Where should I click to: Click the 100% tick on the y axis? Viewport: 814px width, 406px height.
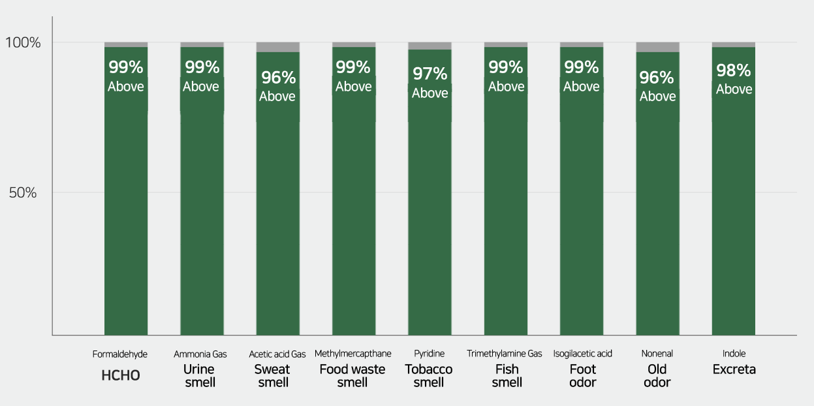point(23,44)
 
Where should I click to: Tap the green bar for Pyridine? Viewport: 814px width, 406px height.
point(430,215)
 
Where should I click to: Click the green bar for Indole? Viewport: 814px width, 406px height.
point(733,215)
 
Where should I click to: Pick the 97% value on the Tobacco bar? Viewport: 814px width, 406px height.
point(430,74)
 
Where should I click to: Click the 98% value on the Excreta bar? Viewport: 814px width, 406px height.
point(734,70)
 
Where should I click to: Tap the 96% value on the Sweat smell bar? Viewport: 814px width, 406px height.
point(278,78)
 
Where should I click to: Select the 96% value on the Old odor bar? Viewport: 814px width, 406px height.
point(657,78)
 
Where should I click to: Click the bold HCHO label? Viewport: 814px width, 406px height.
point(121,376)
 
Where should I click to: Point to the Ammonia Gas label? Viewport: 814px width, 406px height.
point(200,354)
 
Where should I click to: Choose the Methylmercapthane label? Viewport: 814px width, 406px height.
point(352,354)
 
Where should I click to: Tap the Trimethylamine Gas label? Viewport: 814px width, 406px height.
point(504,354)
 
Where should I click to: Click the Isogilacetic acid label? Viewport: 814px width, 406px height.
point(582,354)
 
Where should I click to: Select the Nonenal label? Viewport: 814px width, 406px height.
point(657,354)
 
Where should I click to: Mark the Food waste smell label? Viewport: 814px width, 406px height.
point(352,375)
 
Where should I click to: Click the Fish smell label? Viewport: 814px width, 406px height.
point(507,375)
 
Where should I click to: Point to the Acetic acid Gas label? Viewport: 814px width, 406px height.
point(277,354)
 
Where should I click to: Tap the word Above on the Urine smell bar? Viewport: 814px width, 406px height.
point(200,87)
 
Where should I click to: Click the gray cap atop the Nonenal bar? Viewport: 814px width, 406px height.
point(657,47)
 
